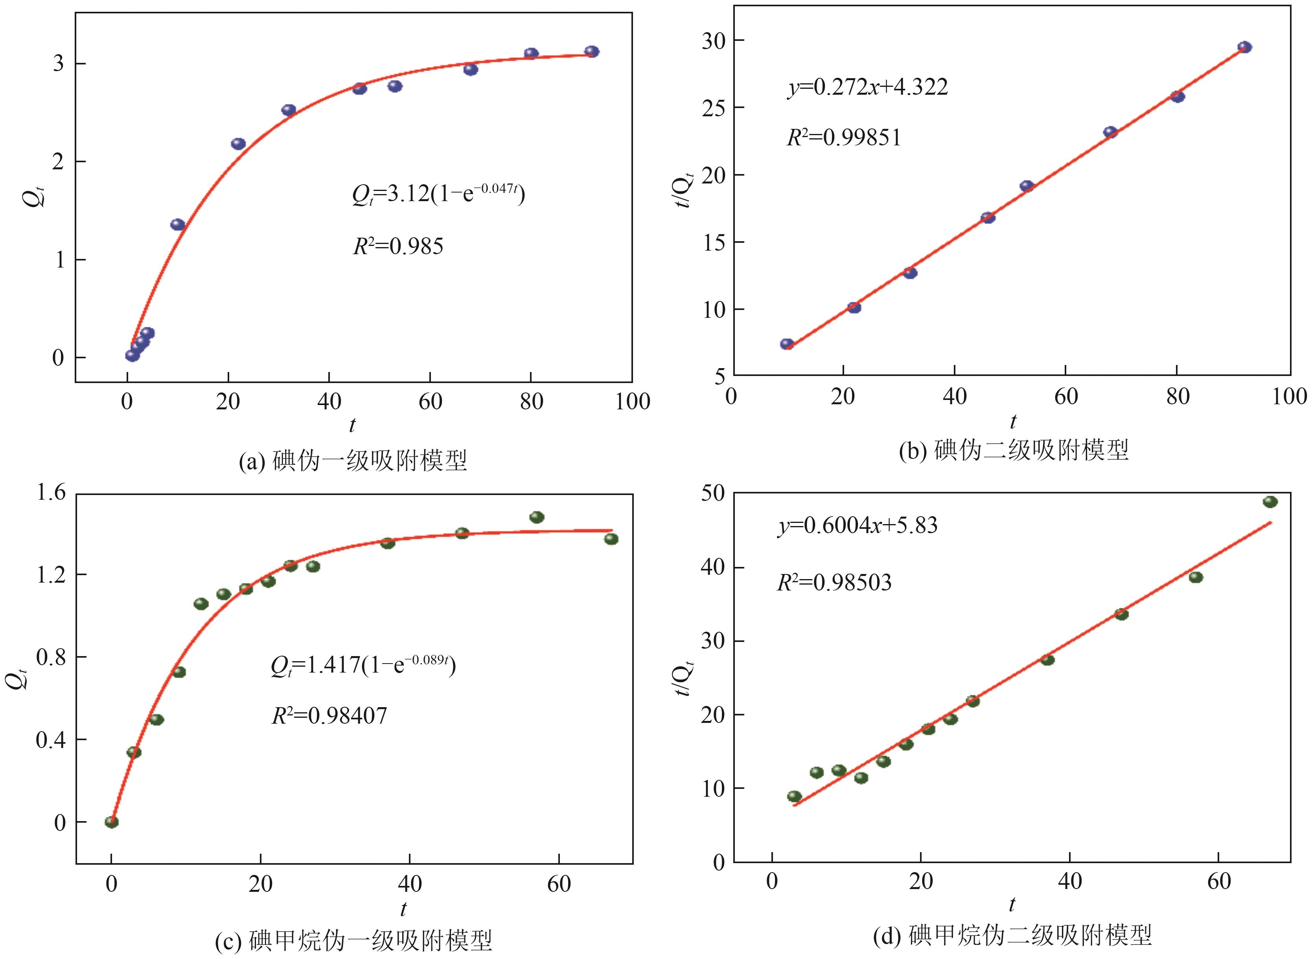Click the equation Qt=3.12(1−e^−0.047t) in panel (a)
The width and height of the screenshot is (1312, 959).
(438, 193)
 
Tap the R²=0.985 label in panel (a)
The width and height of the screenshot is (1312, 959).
(398, 247)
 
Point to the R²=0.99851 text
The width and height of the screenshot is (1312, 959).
(844, 138)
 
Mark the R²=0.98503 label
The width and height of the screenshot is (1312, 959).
(835, 582)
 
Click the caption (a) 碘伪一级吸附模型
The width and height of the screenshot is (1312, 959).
(353, 461)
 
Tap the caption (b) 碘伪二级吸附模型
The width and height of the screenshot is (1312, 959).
(1014, 451)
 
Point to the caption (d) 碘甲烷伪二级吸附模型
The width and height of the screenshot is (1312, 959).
(1012, 935)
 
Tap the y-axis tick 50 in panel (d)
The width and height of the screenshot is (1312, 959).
(714, 493)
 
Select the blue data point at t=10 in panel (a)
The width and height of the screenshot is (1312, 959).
(178, 225)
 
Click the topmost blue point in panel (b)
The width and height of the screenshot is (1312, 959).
(1244, 47)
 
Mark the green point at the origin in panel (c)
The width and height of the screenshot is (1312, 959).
(112, 821)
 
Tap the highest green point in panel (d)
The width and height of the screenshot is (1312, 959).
(1270, 502)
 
